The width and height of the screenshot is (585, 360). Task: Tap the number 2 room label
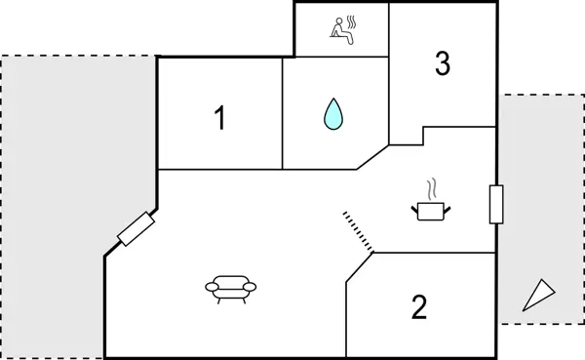click(419, 308)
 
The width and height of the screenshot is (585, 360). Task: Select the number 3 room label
click(442, 63)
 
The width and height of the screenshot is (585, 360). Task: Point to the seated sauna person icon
click(340, 29)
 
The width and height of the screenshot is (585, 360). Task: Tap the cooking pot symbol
click(430, 209)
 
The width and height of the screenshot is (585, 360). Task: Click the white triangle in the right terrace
click(536, 294)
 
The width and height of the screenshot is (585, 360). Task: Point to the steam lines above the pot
click(429, 188)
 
